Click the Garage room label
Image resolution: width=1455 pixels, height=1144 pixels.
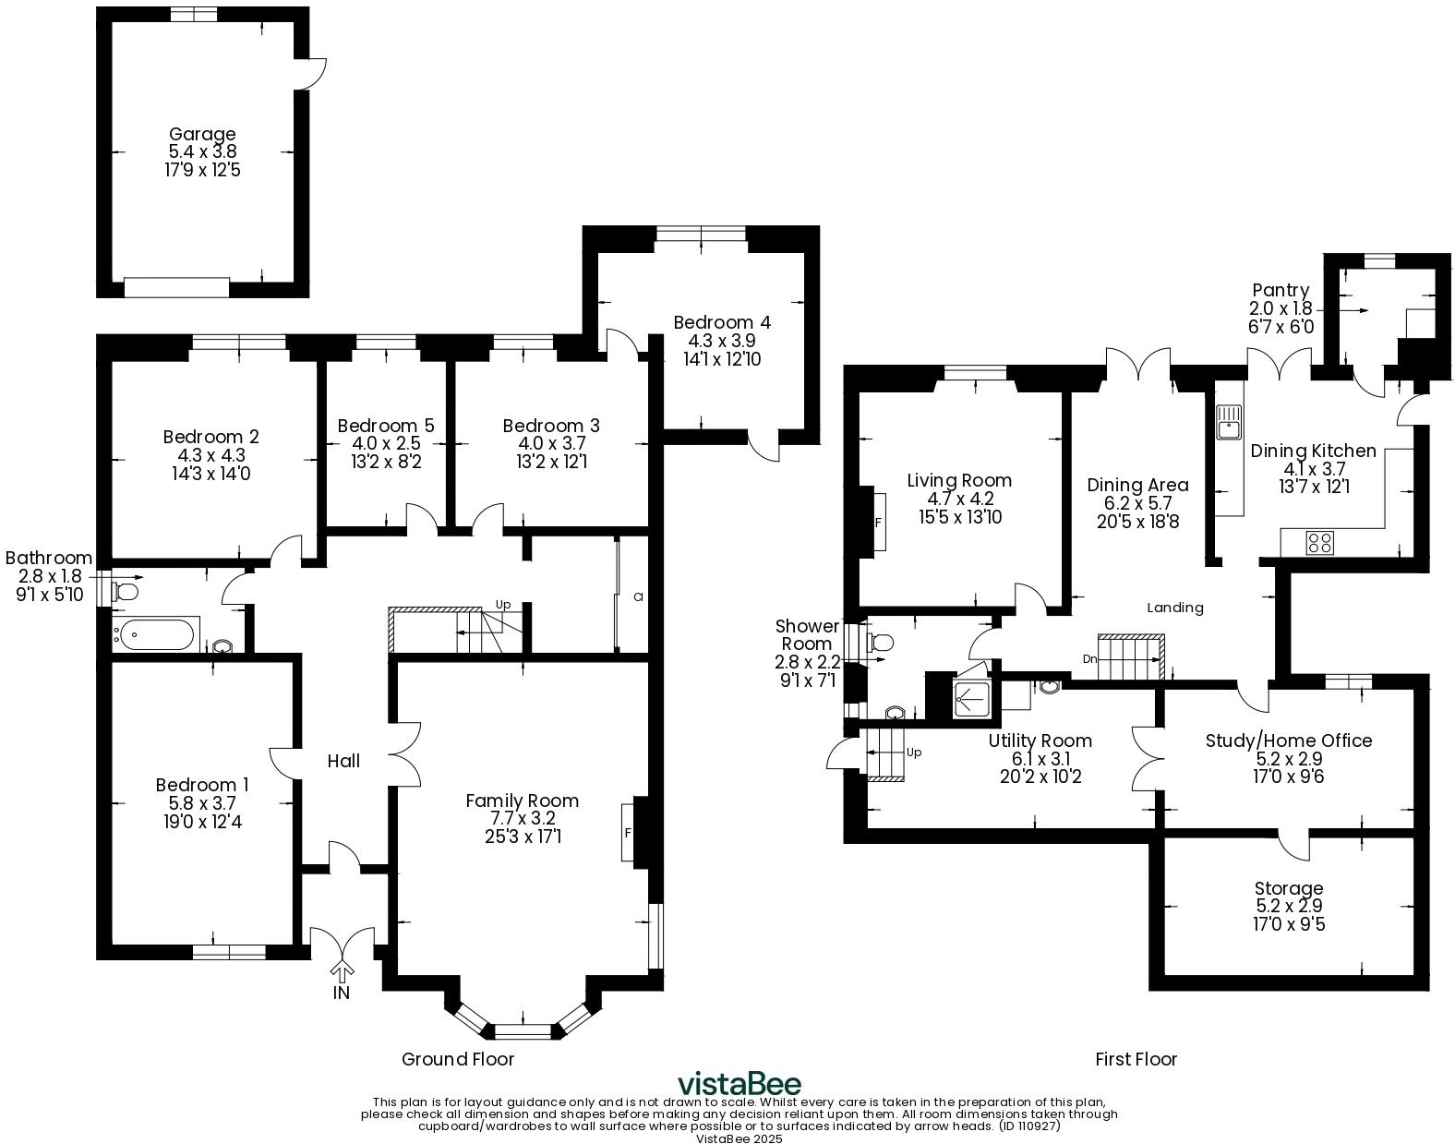202,135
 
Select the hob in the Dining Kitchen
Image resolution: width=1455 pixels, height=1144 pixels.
1319,543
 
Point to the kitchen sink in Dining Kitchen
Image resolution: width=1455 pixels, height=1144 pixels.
1230,427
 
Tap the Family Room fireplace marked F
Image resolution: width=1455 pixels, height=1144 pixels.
629,832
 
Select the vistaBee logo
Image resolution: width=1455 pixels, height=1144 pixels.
739,1083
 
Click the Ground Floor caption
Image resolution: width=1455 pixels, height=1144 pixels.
458,1059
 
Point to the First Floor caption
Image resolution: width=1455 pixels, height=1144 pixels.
1136,1059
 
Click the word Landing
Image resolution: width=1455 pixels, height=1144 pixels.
1175,608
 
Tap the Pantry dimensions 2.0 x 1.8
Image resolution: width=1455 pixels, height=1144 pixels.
1281,308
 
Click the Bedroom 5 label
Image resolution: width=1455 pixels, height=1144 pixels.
385,426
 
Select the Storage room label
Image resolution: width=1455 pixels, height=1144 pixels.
1289,888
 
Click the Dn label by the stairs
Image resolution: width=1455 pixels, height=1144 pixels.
1090,659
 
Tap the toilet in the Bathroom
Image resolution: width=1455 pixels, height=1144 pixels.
126,589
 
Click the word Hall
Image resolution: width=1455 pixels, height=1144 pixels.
343,761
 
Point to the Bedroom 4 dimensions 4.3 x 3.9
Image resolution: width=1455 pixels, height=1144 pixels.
721,341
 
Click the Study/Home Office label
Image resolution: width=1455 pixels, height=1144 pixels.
1289,741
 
